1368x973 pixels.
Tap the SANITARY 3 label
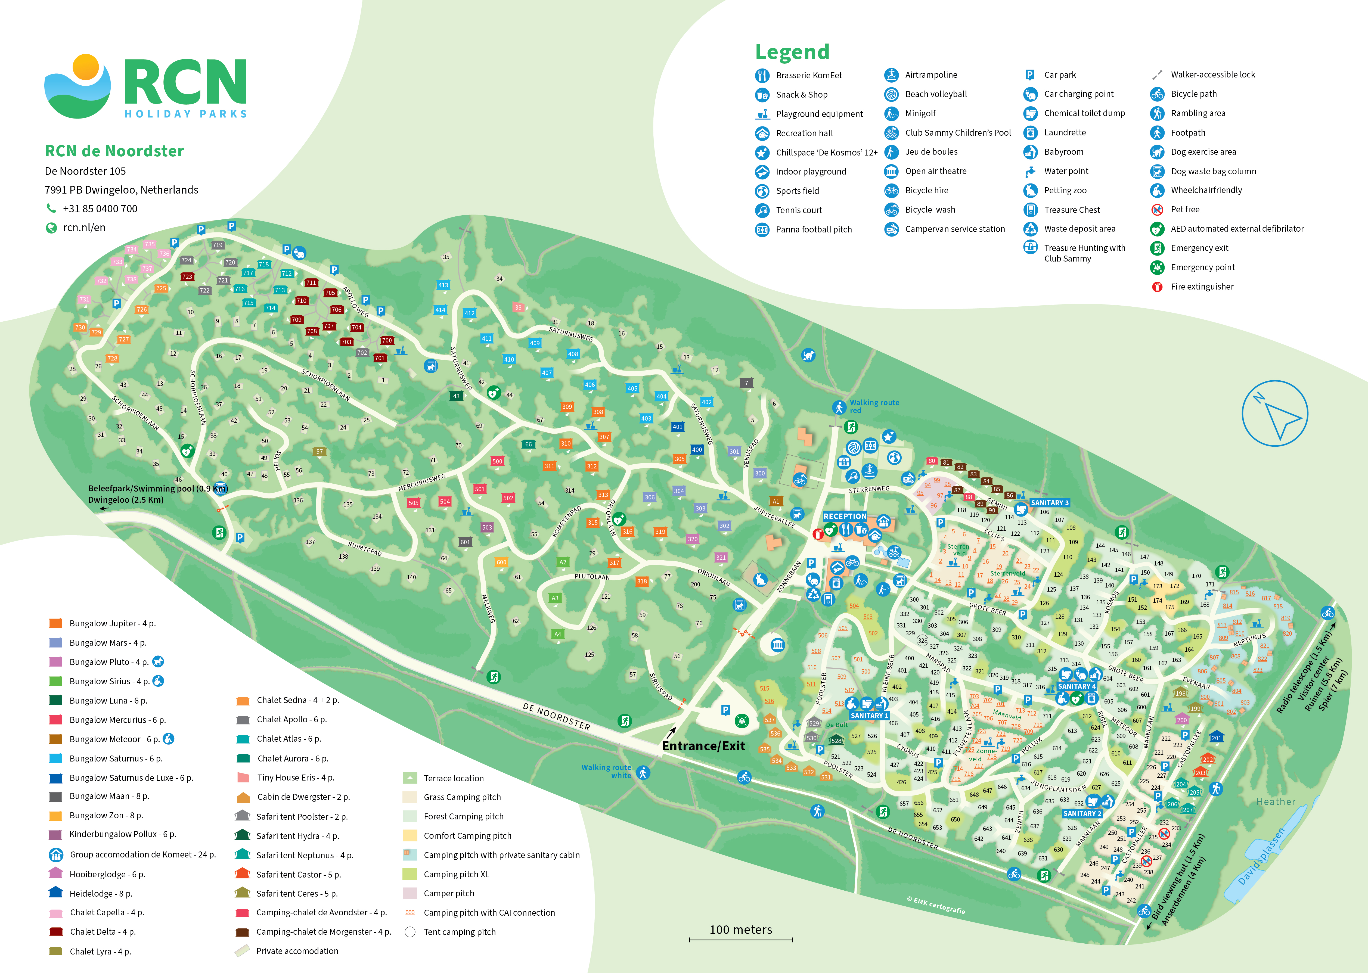pos(1049,503)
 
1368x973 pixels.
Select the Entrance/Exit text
pos(703,746)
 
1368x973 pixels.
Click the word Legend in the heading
pos(792,52)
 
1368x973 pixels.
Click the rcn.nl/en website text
pos(84,228)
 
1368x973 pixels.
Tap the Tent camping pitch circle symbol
pos(410,932)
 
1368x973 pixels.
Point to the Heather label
pos(1276,802)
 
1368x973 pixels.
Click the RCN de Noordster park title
pos(114,151)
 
